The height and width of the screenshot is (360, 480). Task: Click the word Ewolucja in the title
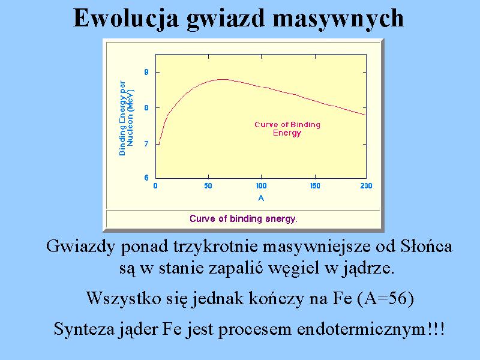pyautogui.click(x=126, y=19)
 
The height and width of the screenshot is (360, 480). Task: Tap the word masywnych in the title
pyautogui.click(x=338, y=19)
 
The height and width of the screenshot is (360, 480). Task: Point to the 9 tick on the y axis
pyautogui.click(x=146, y=72)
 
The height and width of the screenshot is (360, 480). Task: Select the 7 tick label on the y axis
pyautogui.click(x=146, y=143)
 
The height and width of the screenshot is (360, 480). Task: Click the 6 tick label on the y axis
pyautogui.click(x=146, y=178)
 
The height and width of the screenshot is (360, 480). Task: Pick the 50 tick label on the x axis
pyautogui.click(x=208, y=186)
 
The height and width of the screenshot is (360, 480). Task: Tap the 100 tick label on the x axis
pyautogui.click(x=261, y=186)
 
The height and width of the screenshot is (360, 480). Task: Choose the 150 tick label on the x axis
pyautogui.click(x=314, y=186)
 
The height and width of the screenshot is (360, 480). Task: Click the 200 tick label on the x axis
pyautogui.click(x=366, y=186)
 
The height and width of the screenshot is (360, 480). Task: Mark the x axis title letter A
pyautogui.click(x=261, y=198)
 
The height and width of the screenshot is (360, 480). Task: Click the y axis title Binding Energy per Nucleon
pyautogui.click(x=126, y=118)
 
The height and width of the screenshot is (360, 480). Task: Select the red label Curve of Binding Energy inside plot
pyautogui.click(x=287, y=128)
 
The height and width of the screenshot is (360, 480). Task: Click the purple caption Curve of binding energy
pyautogui.click(x=244, y=218)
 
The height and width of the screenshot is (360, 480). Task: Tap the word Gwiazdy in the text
pyautogui.click(x=80, y=247)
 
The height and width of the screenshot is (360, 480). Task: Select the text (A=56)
pyautogui.click(x=385, y=298)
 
